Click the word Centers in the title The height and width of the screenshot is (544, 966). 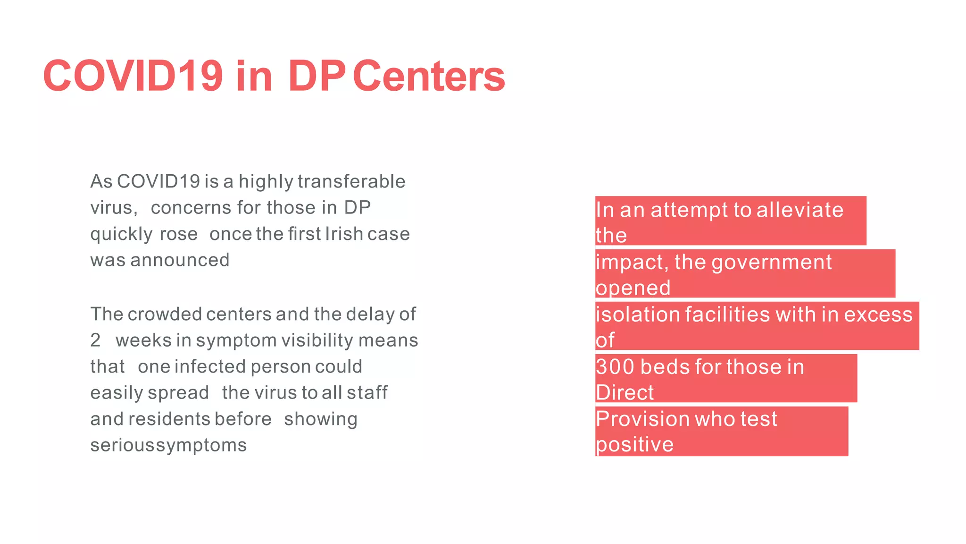428,76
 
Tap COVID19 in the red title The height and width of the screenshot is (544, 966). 133,76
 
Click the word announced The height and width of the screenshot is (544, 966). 180,261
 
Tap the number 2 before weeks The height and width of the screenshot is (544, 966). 95,340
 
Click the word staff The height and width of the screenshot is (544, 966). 366,393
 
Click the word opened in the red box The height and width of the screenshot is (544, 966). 633,288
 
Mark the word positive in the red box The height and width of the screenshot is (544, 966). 634,445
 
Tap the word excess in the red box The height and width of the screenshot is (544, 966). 878,315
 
